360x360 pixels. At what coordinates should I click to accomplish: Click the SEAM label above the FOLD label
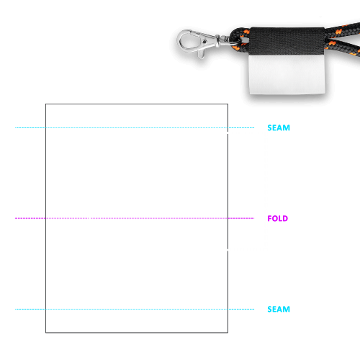[279, 127]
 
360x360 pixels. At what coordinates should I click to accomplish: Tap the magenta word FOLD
[278, 218]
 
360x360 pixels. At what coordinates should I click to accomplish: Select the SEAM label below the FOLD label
[279, 309]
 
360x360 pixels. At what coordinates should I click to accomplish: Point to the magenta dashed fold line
[135, 218]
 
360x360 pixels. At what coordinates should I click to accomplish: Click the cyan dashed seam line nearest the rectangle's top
[135, 127]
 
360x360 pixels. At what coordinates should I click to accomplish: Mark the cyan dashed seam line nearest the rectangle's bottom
[135, 309]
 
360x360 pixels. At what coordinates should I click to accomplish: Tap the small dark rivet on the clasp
[204, 42]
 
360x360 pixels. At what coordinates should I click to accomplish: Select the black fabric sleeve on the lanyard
[287, 41]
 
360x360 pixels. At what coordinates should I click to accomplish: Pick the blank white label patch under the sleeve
[287, 74]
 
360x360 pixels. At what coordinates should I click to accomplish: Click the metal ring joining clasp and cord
[236, 40]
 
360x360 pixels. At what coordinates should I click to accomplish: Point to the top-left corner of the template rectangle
[45, 104]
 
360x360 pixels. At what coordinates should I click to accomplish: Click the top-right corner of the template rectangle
[228, 104]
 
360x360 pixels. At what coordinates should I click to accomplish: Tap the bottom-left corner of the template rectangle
[45, 333]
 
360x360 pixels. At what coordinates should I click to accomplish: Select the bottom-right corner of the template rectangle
[228, 333]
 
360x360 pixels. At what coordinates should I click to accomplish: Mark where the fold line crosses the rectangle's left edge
[45, 218]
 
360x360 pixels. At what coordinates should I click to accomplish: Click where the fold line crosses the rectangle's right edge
[228, 218]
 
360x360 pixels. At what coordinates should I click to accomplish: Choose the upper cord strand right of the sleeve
[343, 31]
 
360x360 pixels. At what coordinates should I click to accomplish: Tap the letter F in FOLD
[270, 218]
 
